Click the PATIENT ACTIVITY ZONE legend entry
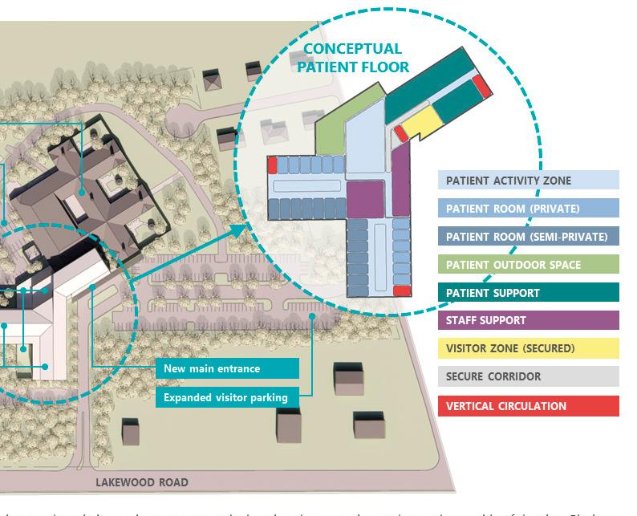[529, 181]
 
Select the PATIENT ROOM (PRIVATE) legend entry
[529, 209]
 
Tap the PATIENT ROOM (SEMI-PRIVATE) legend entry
[529, 237]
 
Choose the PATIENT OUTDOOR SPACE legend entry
[529, 265]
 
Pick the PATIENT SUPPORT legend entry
[529, 293]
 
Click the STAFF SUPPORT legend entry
[529, 320]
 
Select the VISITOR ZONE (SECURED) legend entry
[529, 348]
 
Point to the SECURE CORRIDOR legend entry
[529, 376]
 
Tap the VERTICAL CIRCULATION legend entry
[529, 405]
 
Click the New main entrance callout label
[228, 368]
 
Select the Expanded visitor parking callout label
[228, 396]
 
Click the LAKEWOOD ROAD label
[142, 482]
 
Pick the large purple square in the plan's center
[365, 198]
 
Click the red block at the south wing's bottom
[402, 291]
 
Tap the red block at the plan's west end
[272, 165]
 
